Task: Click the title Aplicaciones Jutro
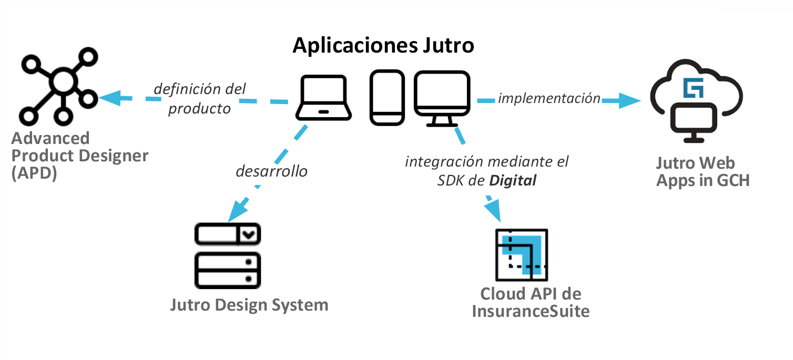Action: pyautogui.click(x=383, y=45)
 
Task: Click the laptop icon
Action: pyautogui.click(x=323, y=98)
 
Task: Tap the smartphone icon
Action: pyautogui.click(x=387, y=98)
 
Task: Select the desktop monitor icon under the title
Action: pyautogui.click(x=442, y=98)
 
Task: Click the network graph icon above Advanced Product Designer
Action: pyautogui.click(x=63, y=82)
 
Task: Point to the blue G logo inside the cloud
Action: pyautogui.click(x=693, y=88)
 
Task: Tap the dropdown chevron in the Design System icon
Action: pyautogui.click(x=249, y=234)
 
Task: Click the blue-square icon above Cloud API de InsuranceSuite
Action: pyautogui.click(x=522, y=254)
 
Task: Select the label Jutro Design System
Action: pyautogui.click(x=249, y=305)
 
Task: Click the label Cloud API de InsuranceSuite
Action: pyautogui.click(x=531, y=303)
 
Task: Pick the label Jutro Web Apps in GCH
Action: pyautogui.click(x=703, y=172)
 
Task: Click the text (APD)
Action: pyautogui.click(x=34, y=173)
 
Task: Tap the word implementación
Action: pyautogui.click(x=549, y=98)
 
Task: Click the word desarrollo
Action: pyautogui.click(x=271, y=171)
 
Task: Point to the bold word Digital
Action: pyautogui.click(x=513, y=181)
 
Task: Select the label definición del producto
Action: pyautogui.click(x=200, y=99)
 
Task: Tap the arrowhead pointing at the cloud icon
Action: pyautogui.click(x=630, y=100)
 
